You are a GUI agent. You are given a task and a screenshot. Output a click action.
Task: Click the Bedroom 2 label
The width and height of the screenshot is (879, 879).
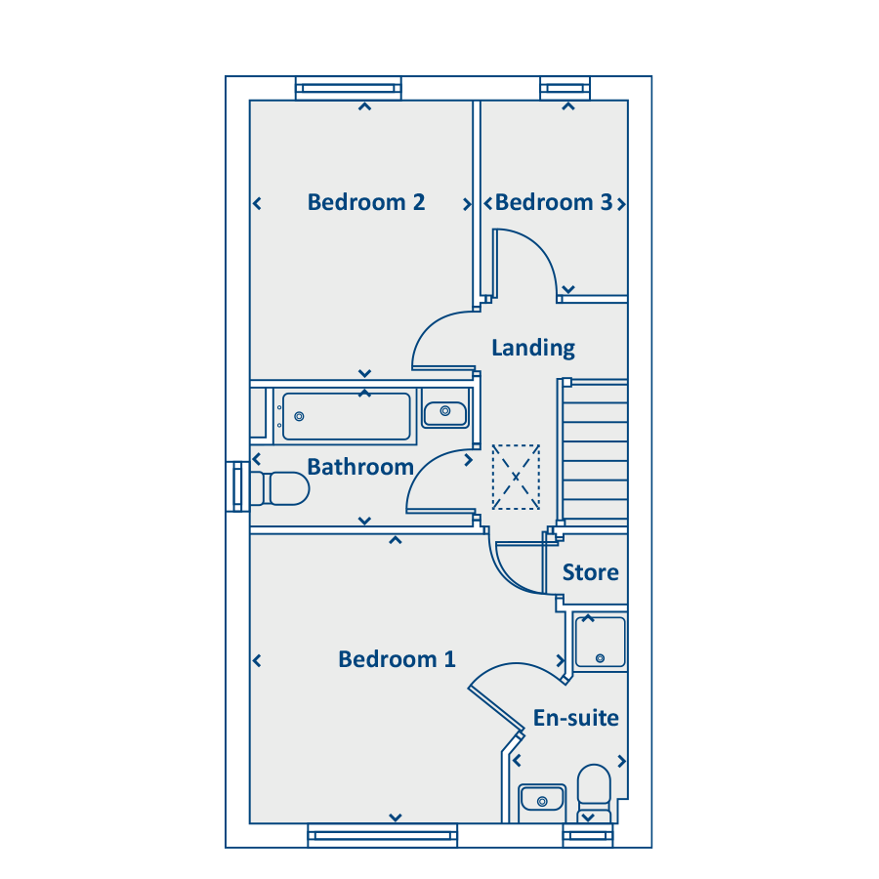[x=366, y=202]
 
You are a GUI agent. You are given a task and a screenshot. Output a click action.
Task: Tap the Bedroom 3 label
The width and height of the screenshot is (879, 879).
[x=554, y=202]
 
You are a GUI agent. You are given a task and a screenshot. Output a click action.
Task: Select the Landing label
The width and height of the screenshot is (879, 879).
[x=533, y=348]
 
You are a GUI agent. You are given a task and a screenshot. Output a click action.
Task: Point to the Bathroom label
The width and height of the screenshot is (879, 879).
[x=360, y=467]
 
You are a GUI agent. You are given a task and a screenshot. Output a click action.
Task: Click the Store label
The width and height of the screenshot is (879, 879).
[x=590, y=572]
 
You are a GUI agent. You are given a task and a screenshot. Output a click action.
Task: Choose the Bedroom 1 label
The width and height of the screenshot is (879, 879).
[x=397, y=659]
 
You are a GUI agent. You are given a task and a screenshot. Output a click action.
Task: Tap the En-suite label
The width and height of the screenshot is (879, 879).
[x=575, y=718]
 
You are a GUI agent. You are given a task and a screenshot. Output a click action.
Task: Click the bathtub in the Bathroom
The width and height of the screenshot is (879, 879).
[x=347, y=416]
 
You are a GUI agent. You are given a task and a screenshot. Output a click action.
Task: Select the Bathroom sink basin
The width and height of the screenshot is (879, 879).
[x=445, y=414]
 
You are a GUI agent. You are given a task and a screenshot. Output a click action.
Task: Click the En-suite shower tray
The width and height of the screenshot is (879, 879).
[x=600, y=643]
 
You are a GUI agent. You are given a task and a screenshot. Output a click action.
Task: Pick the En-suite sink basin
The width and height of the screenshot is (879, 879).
[x=541, y=798]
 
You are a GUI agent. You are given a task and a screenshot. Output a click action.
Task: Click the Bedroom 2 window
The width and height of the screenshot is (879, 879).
[x=349, y=88]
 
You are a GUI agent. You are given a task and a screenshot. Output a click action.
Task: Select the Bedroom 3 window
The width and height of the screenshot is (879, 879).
[x=565, y=88]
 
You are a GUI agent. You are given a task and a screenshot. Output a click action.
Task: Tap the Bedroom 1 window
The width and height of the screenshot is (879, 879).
[x=382, y=835]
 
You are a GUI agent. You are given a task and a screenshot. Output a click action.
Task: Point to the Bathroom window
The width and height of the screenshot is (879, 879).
[x=237, y=486]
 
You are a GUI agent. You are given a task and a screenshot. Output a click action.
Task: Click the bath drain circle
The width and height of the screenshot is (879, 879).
[x=300, y=416]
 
